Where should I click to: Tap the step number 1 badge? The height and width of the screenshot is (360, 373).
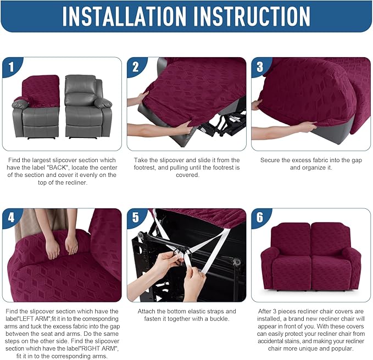click(12, 67)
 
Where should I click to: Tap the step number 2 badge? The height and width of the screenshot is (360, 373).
click(136, 67)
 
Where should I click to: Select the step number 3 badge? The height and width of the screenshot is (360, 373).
click(261, 67)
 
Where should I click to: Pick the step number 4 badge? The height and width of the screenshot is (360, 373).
click(12, 218)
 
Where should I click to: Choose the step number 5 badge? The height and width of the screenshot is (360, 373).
click(136, 218)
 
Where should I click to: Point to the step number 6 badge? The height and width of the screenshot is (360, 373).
click(261, 218)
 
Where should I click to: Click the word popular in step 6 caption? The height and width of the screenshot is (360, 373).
click(341, 349)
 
